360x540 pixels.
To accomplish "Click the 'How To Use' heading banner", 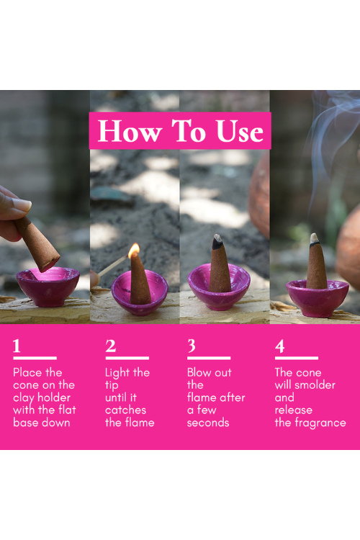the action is tap(180, 130).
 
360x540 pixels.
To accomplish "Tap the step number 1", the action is tap(17, 346).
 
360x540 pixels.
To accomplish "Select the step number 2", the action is tap(111, 346).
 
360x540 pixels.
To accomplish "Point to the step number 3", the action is tap(192, 346).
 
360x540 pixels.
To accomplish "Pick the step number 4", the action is tap(280, 346).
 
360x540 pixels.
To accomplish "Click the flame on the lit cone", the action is tap(134, 251).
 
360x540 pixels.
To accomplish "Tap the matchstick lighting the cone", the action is tap(112, 266).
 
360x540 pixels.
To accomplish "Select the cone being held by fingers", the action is tap(37, 243).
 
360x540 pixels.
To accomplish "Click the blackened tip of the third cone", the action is tap(217, 242).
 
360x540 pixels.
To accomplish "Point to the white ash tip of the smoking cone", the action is tap(314, 238).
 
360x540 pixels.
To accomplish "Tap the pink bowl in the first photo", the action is tap(48, 287).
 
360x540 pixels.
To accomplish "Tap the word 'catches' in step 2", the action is tap(125, 410).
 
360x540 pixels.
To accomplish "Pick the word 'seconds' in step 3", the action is tap(208, 423).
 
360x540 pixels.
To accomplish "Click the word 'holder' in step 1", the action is tap(54, 397).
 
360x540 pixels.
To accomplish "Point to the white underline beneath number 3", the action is tap(209, 358).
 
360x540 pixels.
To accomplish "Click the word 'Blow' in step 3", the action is tap(199, 372).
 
